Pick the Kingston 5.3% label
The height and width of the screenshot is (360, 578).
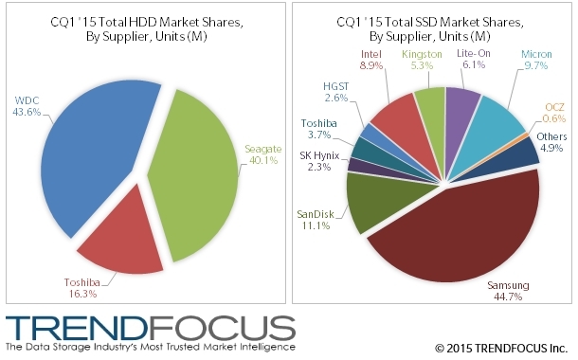(x=422, y=62)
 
